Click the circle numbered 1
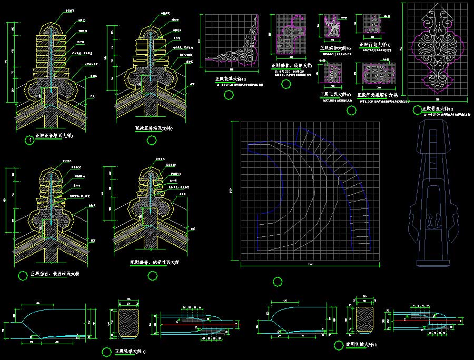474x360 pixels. point(31,140)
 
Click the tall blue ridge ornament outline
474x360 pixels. point(432,195)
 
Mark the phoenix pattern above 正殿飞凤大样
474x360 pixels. point(333,73)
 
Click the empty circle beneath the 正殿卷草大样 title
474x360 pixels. point(228,95)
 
